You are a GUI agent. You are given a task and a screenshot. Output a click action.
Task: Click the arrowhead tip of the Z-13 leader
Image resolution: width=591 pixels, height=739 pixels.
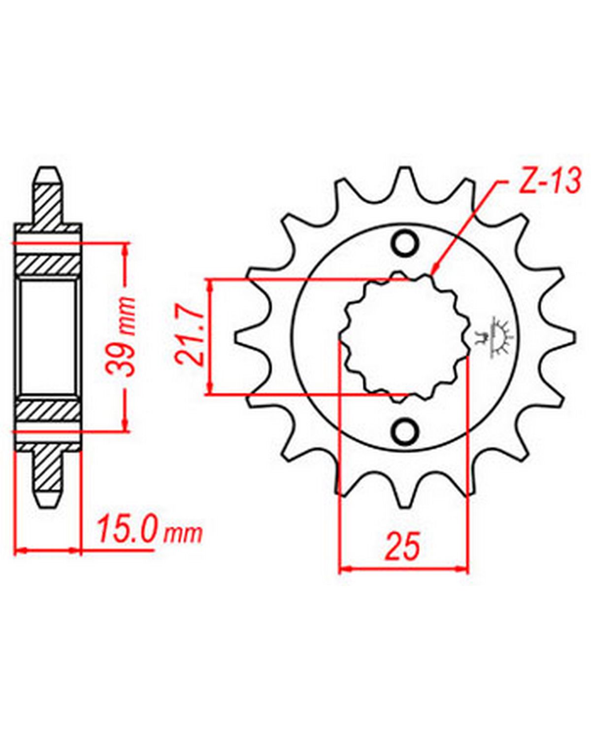[432, 275]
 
